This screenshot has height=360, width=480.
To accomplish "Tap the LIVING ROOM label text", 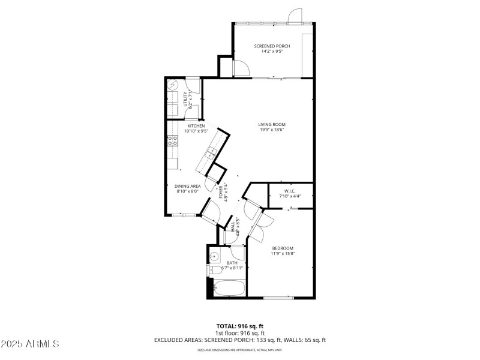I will pos(271,125).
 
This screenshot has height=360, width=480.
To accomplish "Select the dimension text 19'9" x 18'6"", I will pos(271,130).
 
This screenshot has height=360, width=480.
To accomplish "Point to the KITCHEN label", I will pos(196,126).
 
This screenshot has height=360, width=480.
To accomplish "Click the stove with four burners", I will pos(172,142).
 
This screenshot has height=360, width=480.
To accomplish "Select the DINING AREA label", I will pos(187,186).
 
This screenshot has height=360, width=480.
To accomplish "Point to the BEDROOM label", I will pos(282,248).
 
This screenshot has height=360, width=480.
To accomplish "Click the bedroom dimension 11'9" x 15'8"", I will pos(282,253).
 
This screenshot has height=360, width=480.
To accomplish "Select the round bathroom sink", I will pos(215,257).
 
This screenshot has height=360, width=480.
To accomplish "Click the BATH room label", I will pos(232,263).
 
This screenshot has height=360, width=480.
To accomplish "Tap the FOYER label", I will pos(221,193).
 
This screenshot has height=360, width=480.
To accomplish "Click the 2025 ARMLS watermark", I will pos(30,344).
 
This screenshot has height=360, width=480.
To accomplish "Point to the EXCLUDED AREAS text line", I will pos(239,340).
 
